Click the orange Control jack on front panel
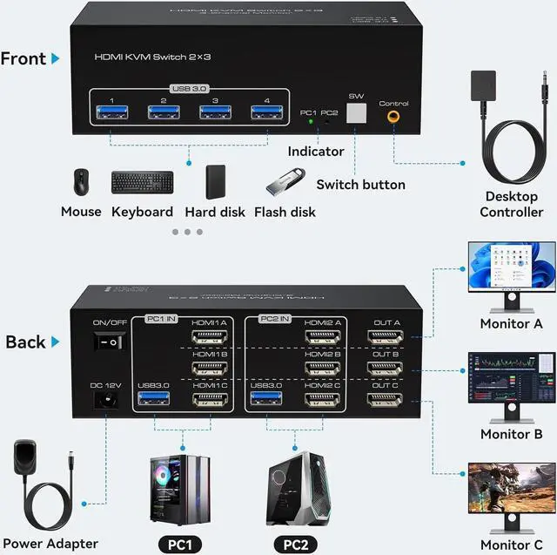tap(394, 114)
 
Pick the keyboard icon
tap(142, 182)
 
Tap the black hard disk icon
tap(215, 181)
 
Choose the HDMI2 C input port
tap(321, 400)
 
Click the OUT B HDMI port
tap(386, 368)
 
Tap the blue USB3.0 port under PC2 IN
tap(265, 400)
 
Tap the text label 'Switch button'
tap(360, 185)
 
